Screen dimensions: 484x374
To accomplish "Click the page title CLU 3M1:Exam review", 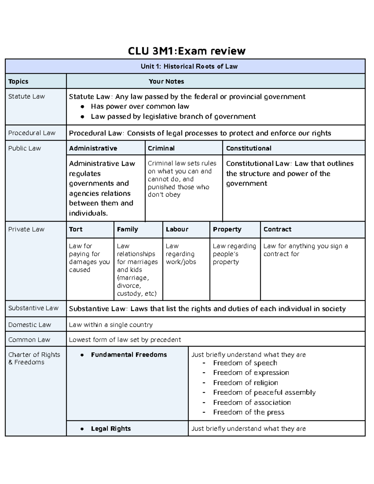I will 187,51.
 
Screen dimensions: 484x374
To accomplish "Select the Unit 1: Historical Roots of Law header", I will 189,66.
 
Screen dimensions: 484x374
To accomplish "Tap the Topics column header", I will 18,81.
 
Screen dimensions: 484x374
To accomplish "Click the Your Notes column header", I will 166,81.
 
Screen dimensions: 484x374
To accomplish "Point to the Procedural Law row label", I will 32,133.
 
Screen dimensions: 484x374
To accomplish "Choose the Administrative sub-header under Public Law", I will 93,148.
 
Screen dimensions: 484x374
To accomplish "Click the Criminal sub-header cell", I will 161,148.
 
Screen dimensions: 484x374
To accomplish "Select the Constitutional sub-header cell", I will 249,148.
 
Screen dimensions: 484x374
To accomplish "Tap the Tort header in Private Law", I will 76,229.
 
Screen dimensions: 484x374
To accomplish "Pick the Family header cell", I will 127,229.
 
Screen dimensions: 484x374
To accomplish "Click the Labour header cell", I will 177,229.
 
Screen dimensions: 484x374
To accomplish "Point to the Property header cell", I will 227,229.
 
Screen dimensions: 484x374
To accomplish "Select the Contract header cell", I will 277,229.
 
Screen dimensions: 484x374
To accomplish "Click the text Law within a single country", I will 111,325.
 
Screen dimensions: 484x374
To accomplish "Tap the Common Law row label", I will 29,340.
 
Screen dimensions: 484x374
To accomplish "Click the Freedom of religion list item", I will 246,383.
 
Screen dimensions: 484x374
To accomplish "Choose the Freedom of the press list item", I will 249,412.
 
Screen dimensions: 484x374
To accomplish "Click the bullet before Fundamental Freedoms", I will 82,355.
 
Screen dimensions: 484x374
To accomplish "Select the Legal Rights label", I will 111,429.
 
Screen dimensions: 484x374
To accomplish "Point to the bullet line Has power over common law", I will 140,107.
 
